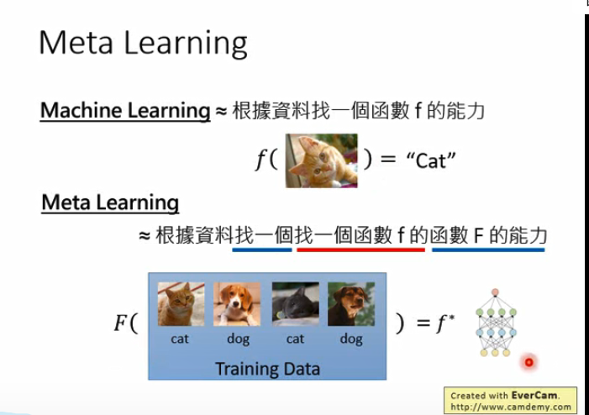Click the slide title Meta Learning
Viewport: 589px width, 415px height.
pos(143,43)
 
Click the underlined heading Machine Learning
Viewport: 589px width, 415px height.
pos(125,111)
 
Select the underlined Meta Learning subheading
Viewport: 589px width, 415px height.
pos(110,202)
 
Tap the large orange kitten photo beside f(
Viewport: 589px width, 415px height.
pos(322,160)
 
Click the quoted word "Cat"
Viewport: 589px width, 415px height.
pos(431,160)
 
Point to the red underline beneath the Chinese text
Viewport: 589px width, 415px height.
pos(361,250)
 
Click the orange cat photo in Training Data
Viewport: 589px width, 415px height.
pos(181,304)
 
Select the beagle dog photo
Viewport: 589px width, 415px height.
pos(237,304)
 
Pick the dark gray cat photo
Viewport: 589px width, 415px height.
pos(296,304)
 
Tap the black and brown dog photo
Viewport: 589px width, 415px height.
pos(351,304)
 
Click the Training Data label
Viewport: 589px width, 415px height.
pos(267,369)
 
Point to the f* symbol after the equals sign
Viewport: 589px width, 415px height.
pos(445,323)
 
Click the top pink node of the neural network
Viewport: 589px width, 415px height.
pos(495,292)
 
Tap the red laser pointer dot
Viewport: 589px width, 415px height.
pos(529,362)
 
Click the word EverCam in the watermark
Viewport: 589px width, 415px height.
pos(534,395)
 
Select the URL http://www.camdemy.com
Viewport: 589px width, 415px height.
pos(511,407)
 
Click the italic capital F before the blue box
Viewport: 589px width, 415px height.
pos(120,323)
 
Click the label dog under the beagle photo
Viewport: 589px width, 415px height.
pos(238,339)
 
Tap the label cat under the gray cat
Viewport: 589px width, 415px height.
pos(295,339)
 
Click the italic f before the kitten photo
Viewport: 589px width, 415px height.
pos(260,160)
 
